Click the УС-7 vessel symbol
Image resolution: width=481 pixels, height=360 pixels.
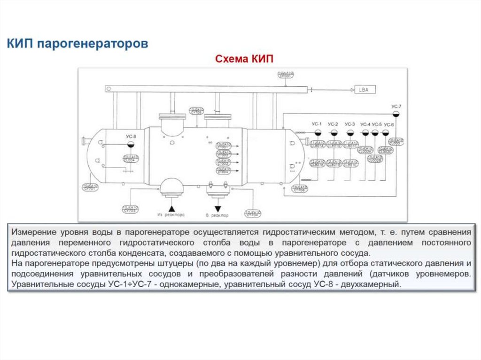point(396,114)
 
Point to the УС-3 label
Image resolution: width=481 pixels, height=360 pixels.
point(349,124)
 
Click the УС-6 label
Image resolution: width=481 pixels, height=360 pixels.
point(388,124)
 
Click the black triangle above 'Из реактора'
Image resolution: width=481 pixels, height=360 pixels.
point(172,207)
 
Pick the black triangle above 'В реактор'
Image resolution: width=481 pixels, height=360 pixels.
point(217,208)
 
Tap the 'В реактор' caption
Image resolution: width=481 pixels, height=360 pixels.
point(217,215)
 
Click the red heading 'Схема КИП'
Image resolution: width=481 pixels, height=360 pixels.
point(244,59)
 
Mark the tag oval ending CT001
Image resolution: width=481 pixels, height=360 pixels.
point(224,147)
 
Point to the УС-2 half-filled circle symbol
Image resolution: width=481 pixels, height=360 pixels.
point(333,133)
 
